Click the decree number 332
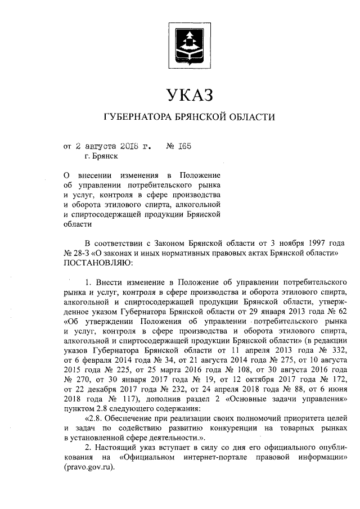point(339,350)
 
